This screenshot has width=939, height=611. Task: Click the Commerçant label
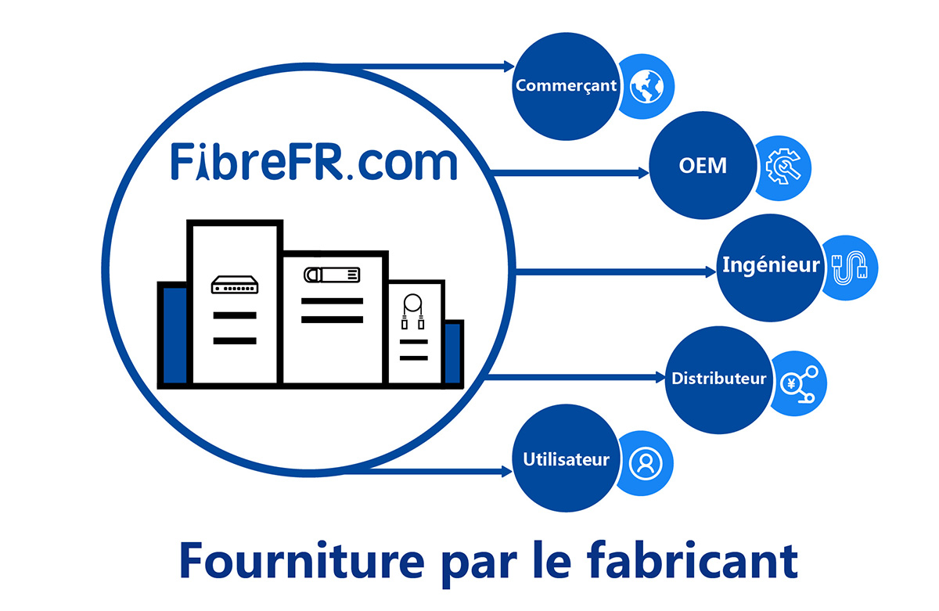(566, 86)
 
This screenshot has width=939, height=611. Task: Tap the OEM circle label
(703, 166)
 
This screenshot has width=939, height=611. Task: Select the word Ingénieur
(771, 265)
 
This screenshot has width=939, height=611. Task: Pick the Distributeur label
(719, 379)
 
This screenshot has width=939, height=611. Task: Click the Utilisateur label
(566, 460)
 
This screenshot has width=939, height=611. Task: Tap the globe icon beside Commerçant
(647, 87)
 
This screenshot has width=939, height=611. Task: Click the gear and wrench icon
(783, 167)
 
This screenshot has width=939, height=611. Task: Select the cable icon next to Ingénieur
(849, 268)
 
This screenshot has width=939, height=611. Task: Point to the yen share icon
(799, 384)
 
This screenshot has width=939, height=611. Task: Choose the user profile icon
(646, 463)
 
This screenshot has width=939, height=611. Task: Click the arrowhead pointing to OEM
(643, 173)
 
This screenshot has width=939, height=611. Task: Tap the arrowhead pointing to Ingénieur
(711, 272)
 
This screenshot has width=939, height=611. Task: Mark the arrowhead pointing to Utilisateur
(507, 472)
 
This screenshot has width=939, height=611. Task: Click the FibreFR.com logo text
(314, 162)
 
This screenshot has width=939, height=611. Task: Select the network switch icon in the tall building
(235, 285)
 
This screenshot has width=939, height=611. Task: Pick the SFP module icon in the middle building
(332, 275)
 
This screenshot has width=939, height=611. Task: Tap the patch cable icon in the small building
(413, 311)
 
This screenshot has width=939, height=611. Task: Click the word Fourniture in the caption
(302, 561)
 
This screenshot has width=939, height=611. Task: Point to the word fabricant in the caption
(692, 561)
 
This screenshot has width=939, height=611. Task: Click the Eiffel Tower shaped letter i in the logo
(203, 162)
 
